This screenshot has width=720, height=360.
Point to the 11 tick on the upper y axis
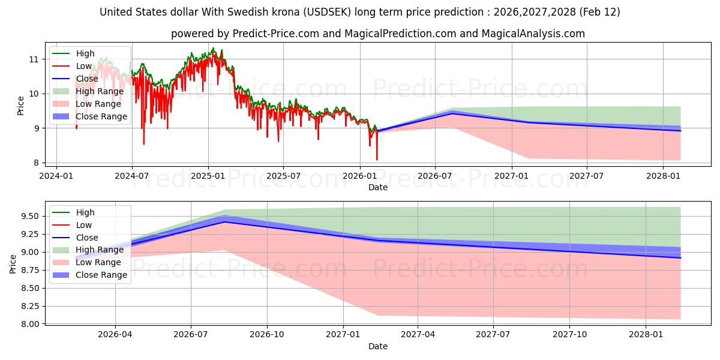click(34, 59)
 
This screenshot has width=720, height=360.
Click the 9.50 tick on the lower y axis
click(28, 216)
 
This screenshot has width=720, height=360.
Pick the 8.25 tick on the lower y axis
click(28, 306)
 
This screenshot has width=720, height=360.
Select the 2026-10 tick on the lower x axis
click(267, 334)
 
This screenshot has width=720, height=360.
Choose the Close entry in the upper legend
click(87, 79)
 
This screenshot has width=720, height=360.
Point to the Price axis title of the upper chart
click(20, 106)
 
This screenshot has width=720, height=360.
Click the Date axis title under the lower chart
click(378, 346)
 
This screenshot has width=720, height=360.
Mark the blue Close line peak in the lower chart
click(224, 222)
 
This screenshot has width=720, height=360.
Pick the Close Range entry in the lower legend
click(101, 275)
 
